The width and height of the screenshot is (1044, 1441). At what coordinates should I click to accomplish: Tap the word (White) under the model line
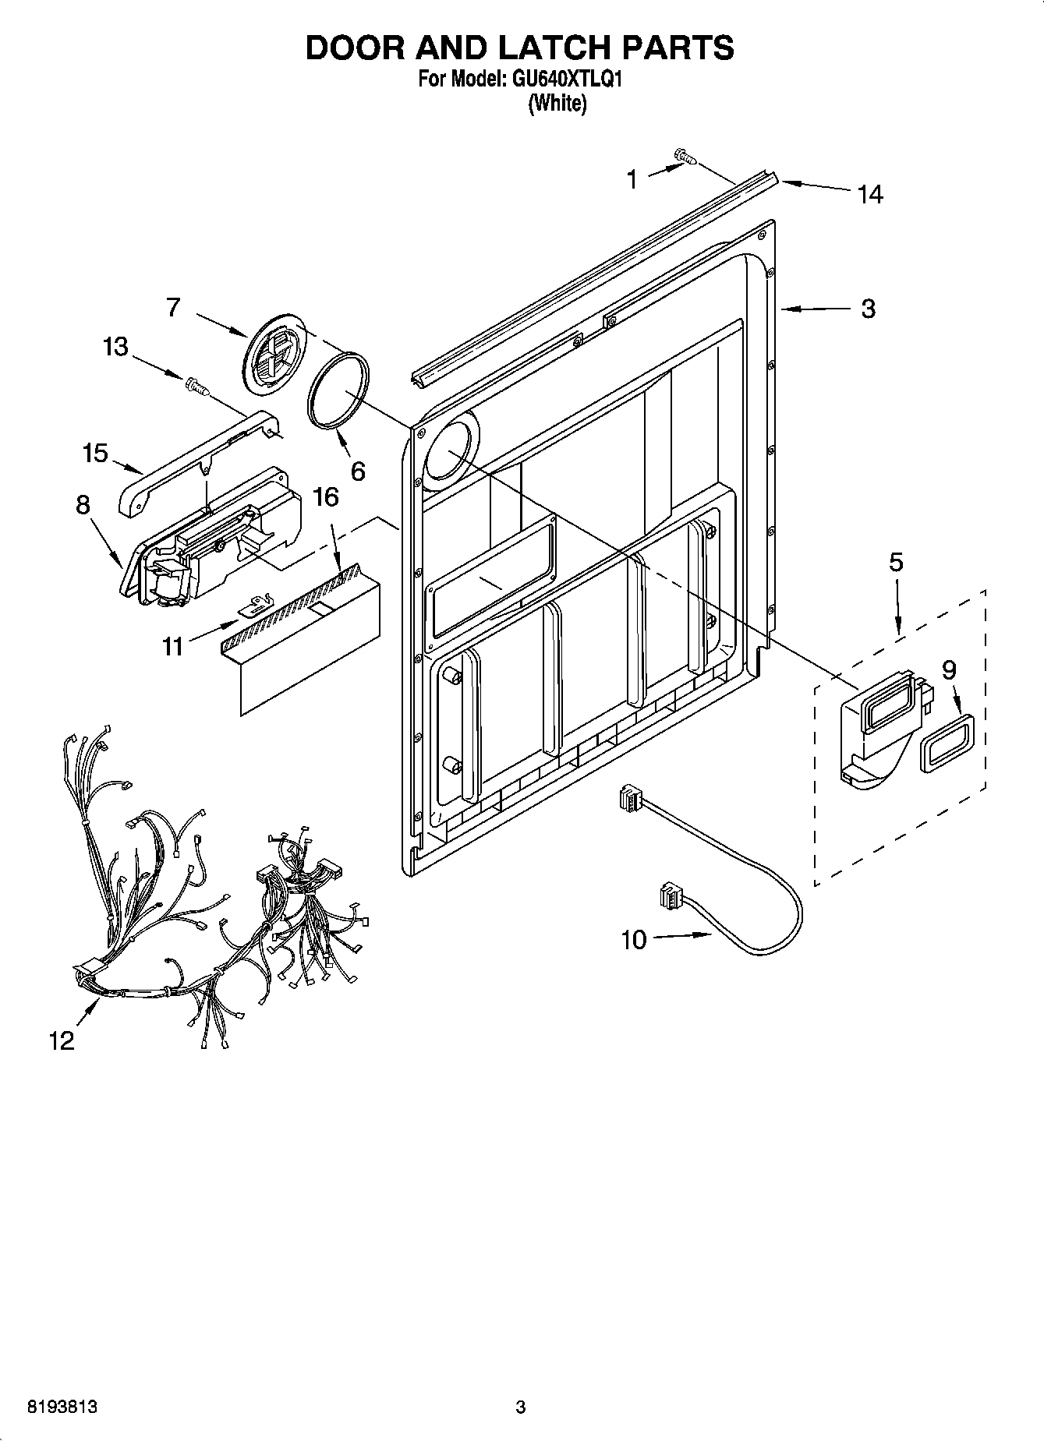pos(557,103)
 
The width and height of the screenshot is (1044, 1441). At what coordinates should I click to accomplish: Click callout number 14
pos(870,194)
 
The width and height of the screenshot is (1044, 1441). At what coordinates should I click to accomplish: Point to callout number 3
pos(868,309)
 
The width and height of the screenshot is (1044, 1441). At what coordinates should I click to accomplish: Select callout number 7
pos(173,307)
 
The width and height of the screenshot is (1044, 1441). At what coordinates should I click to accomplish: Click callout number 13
pos(115,346)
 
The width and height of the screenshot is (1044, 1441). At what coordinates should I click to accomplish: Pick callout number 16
pos(327,496)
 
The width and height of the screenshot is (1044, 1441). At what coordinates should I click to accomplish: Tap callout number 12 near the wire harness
pos(62,1040)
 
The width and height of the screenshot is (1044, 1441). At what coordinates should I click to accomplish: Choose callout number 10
pos(633,940)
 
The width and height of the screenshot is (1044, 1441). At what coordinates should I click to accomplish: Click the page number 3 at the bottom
pos(521,1407)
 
